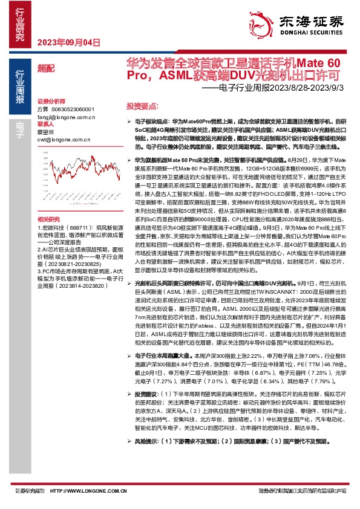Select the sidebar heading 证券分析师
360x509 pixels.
(51, 100)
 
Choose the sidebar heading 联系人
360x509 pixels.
(45, 123)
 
